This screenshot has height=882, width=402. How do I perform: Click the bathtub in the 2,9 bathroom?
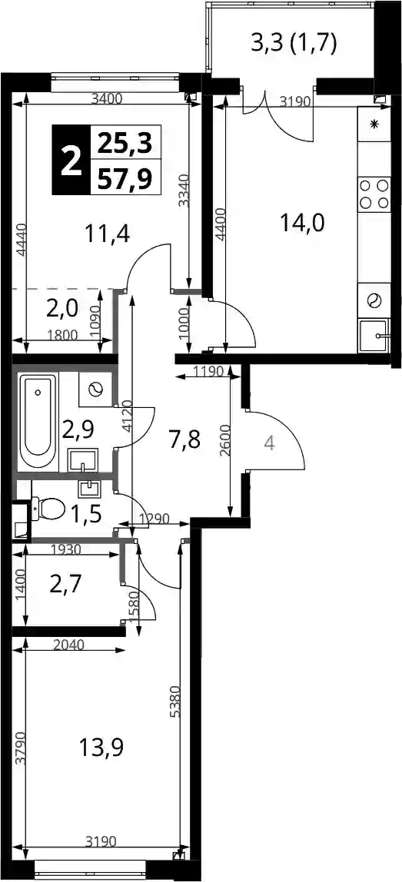point(38,423)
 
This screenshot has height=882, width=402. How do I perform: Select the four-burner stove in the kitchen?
point(374,194)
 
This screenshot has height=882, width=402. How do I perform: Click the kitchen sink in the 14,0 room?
point(374,336)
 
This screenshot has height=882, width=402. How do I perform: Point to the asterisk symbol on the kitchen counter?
point(374,124)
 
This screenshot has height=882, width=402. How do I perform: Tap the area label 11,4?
point(108,232)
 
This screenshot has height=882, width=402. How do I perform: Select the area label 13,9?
point(102,748)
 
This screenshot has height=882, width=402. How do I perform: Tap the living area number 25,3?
point(125,144)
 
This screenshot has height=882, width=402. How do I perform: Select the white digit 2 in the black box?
point(71,161)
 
